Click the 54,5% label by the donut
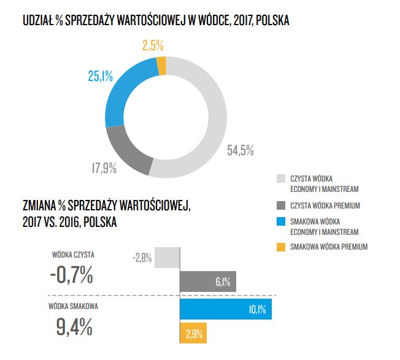coord(240,149)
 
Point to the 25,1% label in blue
coord(100,76)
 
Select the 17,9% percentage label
coord(104,167)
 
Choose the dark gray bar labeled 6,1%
coord(207,282)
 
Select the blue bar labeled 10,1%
coord(225,308)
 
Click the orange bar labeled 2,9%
coord(193,334)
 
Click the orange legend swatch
coord(282,247)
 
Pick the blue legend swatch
coord(282,221)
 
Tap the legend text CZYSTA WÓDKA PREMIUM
coord(325,205)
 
